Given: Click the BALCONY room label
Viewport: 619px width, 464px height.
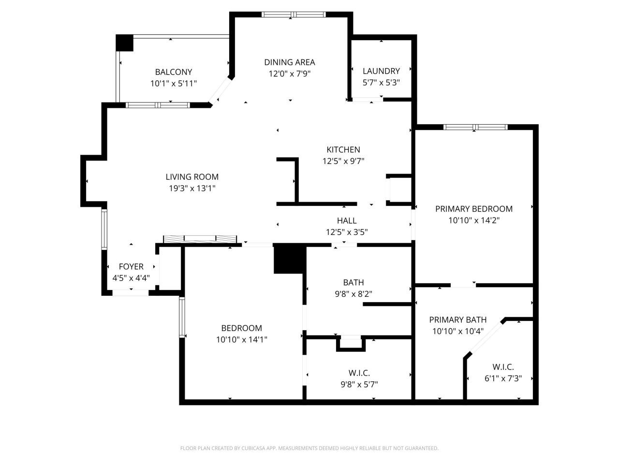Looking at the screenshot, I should tap(173, 72).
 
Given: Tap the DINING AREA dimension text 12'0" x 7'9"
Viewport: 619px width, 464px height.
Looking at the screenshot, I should tap(289, 74).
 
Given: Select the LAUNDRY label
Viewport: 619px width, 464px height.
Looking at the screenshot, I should tap(381, 71).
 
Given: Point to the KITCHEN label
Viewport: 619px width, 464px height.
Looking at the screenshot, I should tap(343, 150).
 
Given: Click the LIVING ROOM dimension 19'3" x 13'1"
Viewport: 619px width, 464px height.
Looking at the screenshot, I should tap(192, 188).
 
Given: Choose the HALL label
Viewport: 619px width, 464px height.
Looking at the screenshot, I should tap(347, 221).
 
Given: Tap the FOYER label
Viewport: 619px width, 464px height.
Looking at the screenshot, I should tap(131, 267).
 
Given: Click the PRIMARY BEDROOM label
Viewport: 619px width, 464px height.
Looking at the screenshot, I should tap(473, 209).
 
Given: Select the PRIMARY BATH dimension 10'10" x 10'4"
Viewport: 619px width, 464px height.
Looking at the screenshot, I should tap(457, 332).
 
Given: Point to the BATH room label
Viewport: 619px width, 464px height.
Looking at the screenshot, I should tap(353, 282).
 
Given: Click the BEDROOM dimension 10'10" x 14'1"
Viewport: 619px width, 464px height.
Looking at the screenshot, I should tap(241, 340).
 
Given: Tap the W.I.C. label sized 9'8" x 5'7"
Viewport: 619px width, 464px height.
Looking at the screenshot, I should tap(359, 373).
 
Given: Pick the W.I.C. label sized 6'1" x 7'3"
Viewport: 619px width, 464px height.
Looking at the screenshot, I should tap(502, 367).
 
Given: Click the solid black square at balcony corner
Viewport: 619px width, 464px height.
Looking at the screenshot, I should tap(124, 43).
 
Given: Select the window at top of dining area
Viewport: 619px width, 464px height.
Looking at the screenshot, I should tap(293, 14).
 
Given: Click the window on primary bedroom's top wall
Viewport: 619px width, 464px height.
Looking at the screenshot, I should tap(475, 127).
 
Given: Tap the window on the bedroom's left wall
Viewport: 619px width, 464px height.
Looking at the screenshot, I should tap(182, 317).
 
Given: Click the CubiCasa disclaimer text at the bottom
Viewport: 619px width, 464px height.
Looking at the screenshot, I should tap(309, 449).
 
